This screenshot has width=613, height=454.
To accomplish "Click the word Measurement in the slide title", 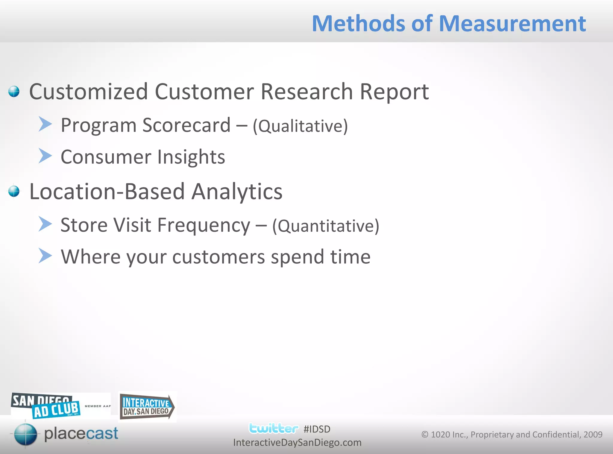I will point(512,24).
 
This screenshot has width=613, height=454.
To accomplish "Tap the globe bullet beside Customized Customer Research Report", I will point(14,92).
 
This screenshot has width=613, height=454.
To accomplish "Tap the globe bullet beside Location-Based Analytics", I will point(14,191).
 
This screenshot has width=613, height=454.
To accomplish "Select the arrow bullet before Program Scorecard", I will point(45,124).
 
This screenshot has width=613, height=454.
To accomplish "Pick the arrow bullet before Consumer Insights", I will point(45,156).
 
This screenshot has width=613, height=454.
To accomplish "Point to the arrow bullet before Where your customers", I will point(45,256).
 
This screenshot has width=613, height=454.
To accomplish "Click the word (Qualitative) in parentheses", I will point(300,126).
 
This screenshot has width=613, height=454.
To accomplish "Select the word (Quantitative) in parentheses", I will point(325,226).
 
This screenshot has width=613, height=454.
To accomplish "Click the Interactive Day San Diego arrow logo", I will point(147,407).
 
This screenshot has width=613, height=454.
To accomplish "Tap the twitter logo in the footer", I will point(274,429).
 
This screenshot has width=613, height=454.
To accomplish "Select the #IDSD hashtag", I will point(317,429).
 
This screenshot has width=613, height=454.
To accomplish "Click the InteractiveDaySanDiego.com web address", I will point(297,443).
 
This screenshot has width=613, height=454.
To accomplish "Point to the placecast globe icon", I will point(25,434).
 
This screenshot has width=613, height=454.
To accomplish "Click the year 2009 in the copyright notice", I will point(593,435).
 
